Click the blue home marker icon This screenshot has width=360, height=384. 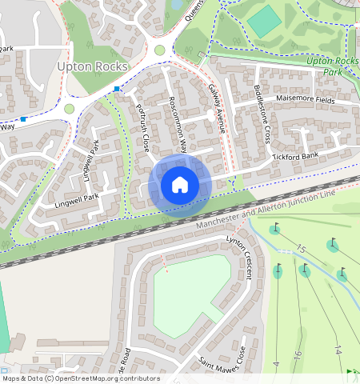[180, 186]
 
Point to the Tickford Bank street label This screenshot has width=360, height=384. [296, 154]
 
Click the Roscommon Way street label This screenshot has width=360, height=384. [178, 124]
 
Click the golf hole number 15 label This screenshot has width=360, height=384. [301, 249]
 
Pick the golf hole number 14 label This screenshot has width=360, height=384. [337, 350]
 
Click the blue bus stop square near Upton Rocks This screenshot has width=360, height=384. [118, 88]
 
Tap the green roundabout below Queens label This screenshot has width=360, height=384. [159, 50]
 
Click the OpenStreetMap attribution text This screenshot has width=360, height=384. [80, 378]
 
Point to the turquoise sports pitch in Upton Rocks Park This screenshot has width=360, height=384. [264, 22]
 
